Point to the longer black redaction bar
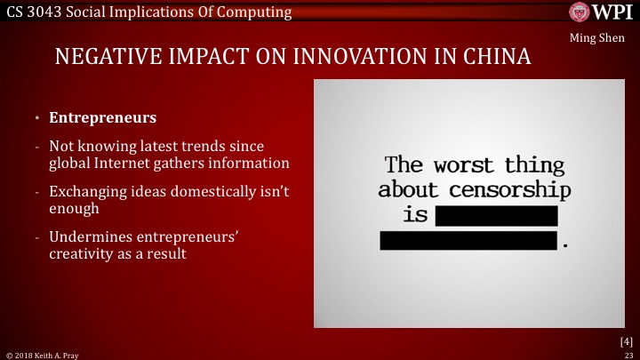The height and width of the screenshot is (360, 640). coord(469,240)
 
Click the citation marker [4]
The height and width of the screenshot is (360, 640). coord(626,341)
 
